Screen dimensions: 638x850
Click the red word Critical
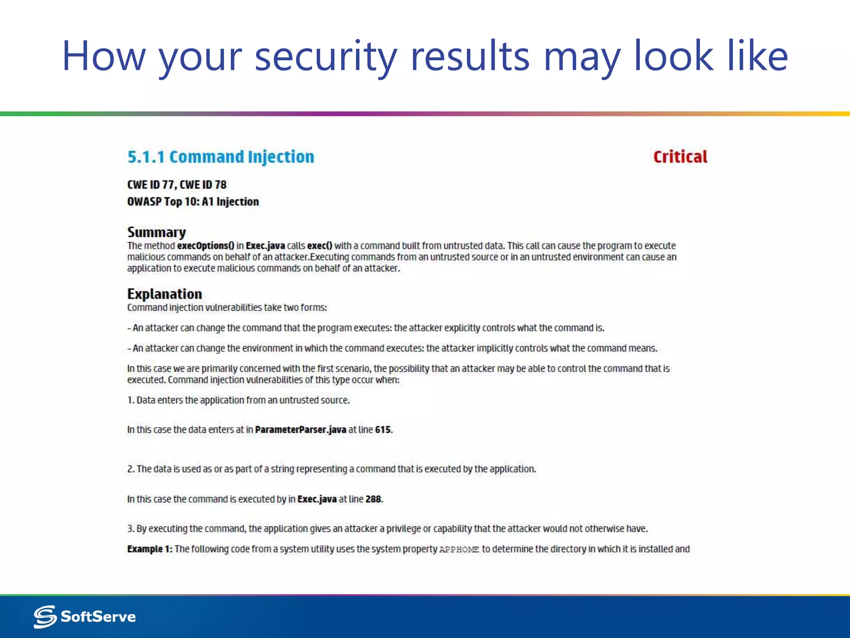tap(680, 157)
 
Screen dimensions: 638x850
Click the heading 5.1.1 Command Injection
tap(221, 157)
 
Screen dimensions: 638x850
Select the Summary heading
tap(156, 232)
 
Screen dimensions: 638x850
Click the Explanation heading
tap(164, 294)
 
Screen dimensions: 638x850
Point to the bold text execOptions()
tap(205, 246)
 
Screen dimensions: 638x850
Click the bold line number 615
tap(383, 429)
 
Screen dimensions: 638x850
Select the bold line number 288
tap(373, 499)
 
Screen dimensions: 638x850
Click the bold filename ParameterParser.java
tap(300, 429)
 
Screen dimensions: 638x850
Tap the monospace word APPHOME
tap(459, 550)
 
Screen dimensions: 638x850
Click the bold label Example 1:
tap(149, 549)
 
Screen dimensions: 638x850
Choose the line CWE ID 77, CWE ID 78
tap(177, 184)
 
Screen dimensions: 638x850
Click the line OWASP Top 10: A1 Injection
tap(193, 202)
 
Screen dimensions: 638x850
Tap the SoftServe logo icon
tap(45, 616)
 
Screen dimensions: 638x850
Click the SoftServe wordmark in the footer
tap(98, 616)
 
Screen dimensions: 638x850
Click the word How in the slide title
tap(103, 56)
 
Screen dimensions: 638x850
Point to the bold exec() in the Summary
tap(320, 246)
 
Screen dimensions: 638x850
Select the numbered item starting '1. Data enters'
tap(238, 400)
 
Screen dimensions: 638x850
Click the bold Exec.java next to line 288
tap(317, 499)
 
